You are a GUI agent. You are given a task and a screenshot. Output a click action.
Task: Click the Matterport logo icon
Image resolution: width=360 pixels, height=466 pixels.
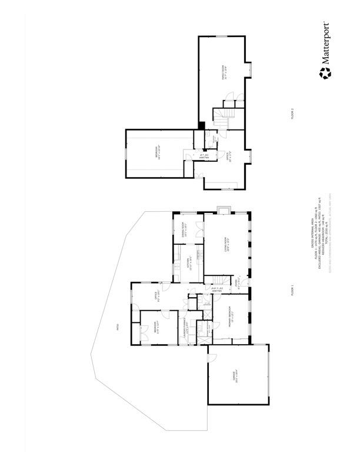325,73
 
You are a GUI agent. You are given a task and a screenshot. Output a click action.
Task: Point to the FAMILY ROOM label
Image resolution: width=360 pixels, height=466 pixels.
224,72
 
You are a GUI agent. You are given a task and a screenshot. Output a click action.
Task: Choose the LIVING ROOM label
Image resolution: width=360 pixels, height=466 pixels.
227,243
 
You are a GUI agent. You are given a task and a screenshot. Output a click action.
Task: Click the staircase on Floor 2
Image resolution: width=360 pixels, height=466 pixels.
221,118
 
